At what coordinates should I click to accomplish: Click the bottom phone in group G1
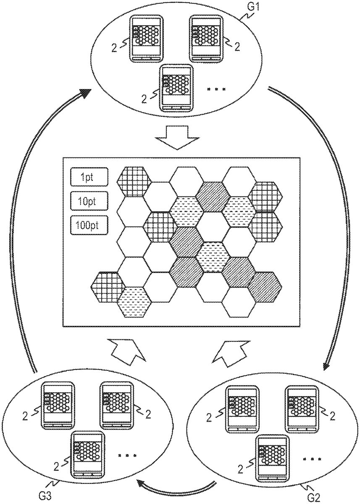pyautogui.click(x=177, y=89)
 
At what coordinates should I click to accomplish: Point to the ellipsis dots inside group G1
pyautogui.click(x=217, y=89)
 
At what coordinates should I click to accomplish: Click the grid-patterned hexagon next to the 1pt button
pyautogui.click(x=134, y=181)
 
